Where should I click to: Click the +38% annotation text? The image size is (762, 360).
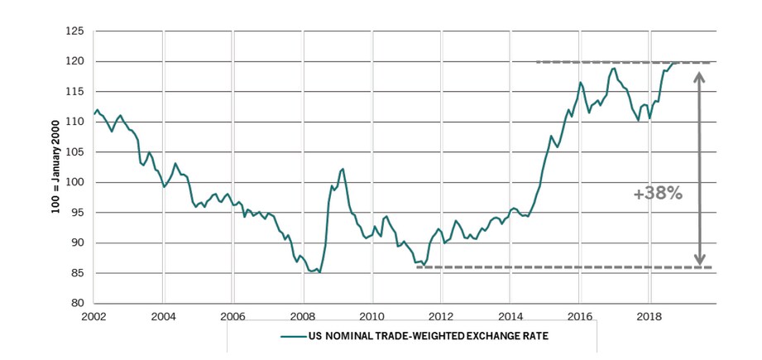coord(658,193)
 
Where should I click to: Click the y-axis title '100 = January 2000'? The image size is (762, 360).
coord(55,167)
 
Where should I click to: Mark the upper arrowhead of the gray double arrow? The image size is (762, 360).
coord(699,76)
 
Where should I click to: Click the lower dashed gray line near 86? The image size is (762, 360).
coord(563,266)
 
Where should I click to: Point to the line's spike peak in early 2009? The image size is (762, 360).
coord(343,169)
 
